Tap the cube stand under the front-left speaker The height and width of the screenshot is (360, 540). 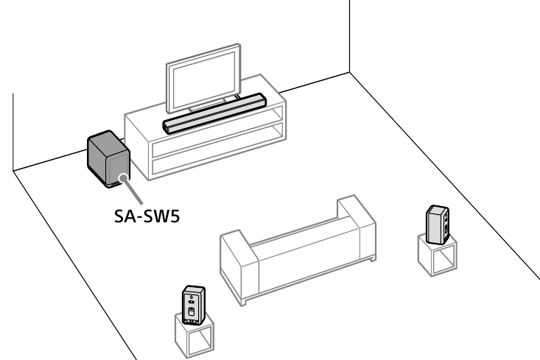pyautogui.click(x=192, y=335)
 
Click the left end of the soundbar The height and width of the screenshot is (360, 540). pyautogui.click(x=170, y=127)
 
